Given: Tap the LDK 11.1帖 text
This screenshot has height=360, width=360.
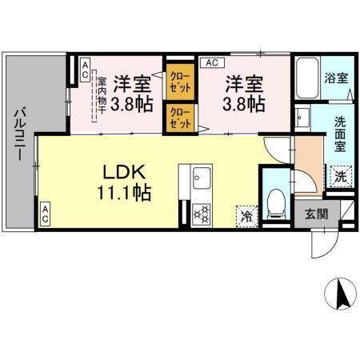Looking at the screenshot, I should [120, 182].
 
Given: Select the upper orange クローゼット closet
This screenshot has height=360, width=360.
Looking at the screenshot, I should [178, 81].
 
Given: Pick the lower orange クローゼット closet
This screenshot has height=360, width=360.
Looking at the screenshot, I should [178, 118].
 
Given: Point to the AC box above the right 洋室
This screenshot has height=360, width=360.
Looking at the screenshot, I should [212, 61].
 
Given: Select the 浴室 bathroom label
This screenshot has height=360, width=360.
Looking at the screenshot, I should [336, 79].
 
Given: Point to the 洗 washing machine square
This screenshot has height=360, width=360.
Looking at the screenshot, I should [341, 176].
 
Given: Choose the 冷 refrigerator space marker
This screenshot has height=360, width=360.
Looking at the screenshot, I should [247, 214].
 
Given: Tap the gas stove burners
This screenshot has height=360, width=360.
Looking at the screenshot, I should [201, 214].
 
